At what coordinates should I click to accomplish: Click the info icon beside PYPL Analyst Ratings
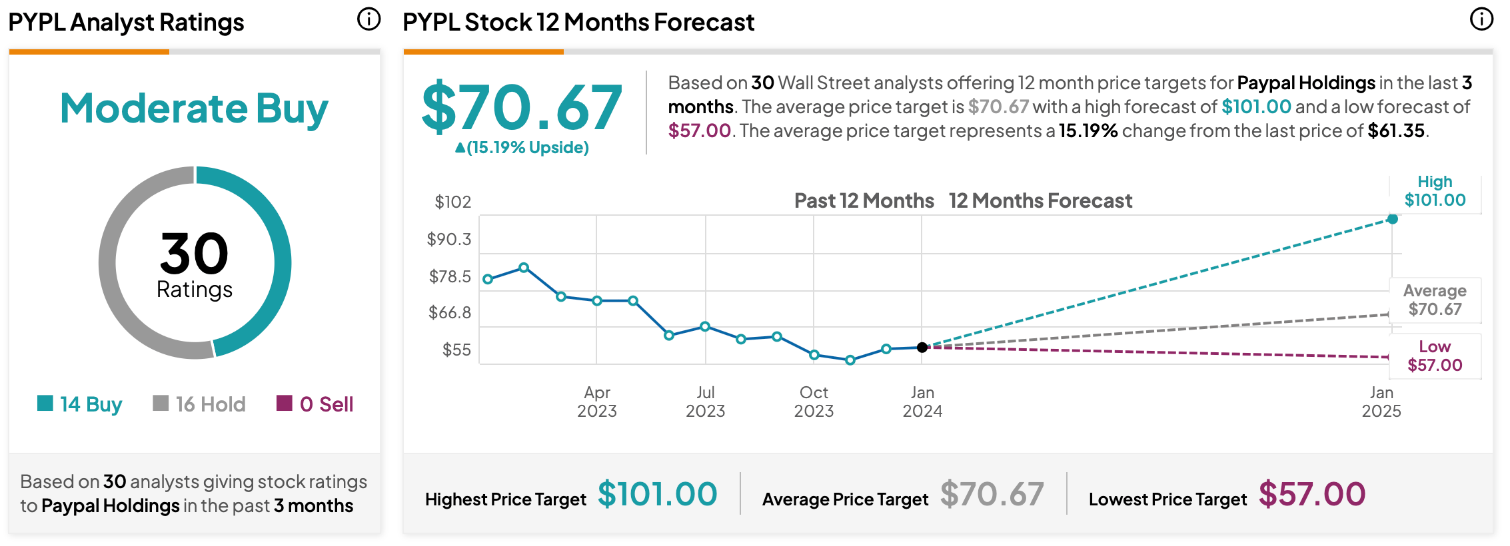[369, 19]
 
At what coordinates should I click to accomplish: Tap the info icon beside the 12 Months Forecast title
[1481, 19]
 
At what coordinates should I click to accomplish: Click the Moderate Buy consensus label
[194, 109]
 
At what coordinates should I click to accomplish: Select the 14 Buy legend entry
[80, 404]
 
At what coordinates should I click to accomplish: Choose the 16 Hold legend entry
[199, 404]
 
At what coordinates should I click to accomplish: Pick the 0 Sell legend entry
[315, 404]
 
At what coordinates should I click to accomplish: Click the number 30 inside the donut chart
[194, 254]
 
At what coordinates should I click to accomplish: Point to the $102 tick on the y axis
[452, 202]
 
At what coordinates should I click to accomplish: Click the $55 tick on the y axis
[456, 350]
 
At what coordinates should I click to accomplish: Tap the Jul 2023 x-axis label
[706, 402]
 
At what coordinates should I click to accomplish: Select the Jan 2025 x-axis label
[1381, 402]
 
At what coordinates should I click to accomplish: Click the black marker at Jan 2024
[922, 348]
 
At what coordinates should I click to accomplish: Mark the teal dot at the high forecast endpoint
[1393, 219]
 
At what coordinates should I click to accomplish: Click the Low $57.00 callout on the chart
[1435, 356]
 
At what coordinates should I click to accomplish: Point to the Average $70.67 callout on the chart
[1435, 300]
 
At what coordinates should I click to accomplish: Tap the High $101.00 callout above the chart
[1435, 191]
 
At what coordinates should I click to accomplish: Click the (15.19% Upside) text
[522, 147]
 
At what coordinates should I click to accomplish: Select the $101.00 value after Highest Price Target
[658, 494]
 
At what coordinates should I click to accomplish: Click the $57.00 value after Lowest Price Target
[1312, 494]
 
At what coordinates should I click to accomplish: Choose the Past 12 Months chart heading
[864, 200]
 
